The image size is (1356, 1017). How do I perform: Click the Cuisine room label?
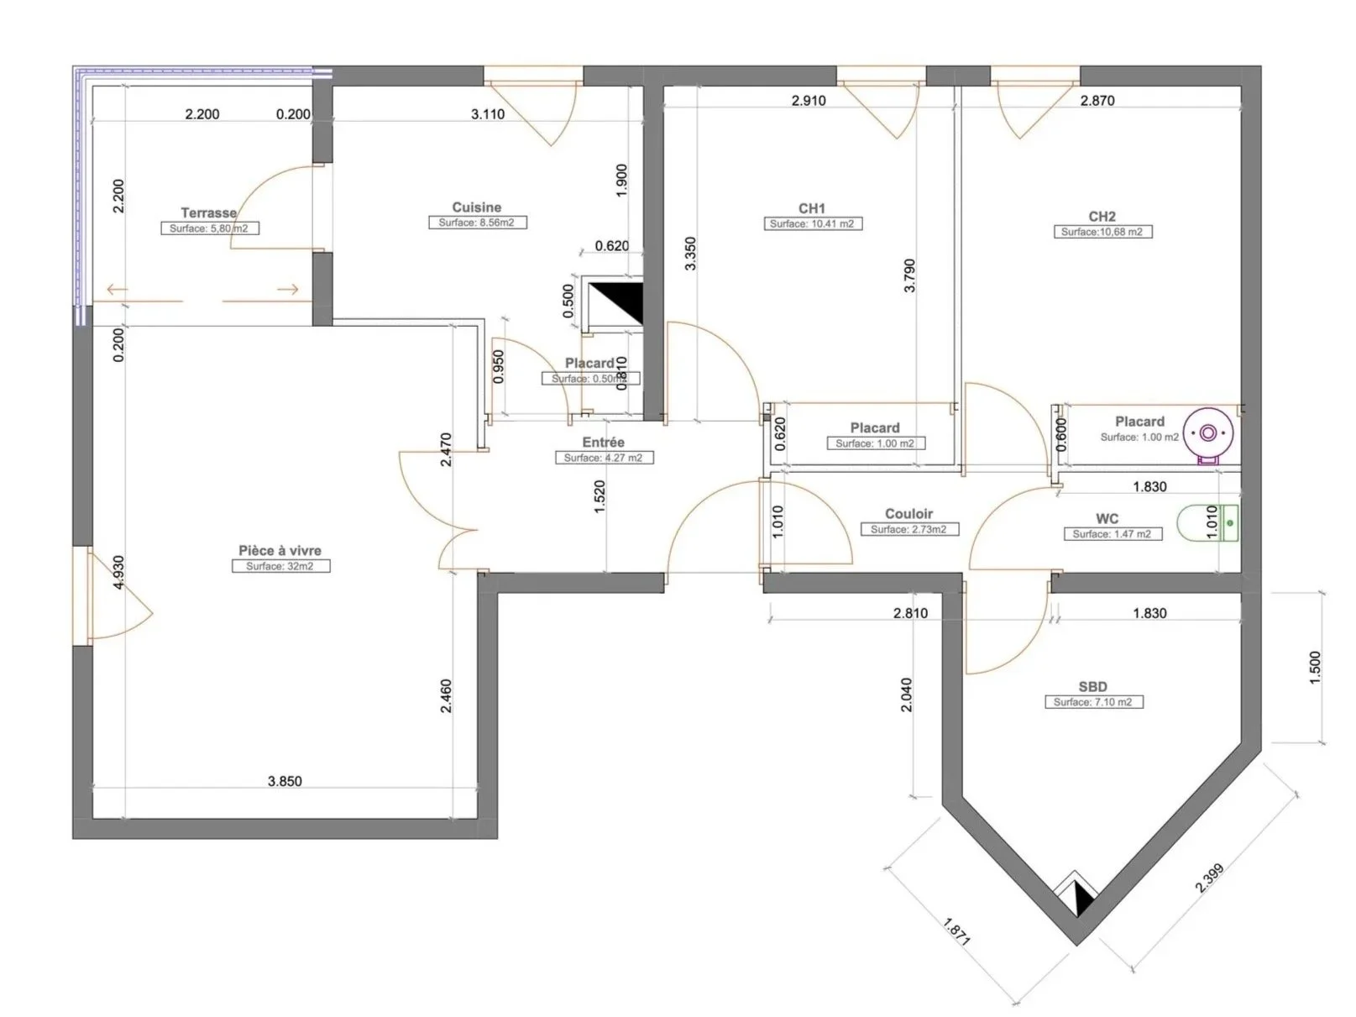tap(476, 207)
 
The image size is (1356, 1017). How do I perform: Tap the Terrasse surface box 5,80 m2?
tap(210, 228)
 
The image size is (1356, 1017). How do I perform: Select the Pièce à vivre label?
tap(280, 550)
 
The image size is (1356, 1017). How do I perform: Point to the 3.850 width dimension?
tap(285, 781)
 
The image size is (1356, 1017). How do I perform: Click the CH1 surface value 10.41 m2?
tap(812, 224)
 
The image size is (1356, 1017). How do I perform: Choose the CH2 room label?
tap(1102, 216)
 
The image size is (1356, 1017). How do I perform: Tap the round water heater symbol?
tap(1207, 433)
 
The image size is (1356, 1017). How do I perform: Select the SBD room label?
tap(1092, 686)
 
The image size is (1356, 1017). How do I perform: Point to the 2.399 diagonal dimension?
tap(1210, 878)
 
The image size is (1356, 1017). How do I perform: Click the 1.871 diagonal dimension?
tap(956, 932)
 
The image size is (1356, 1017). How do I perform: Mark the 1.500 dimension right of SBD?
tap(1315, 668)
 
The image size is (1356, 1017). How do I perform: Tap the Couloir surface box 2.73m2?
tap(908, 530)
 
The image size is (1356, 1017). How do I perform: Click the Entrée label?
tap(603, 442)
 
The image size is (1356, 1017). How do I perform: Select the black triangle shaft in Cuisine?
tap(615, 304)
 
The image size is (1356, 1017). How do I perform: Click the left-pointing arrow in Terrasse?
tap(117, 291)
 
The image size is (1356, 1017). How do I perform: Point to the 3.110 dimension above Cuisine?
tap(488, 114)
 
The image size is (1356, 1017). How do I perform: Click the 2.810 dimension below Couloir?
tap(910, 613)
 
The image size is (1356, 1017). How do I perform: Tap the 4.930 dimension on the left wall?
tap(118, 572)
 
